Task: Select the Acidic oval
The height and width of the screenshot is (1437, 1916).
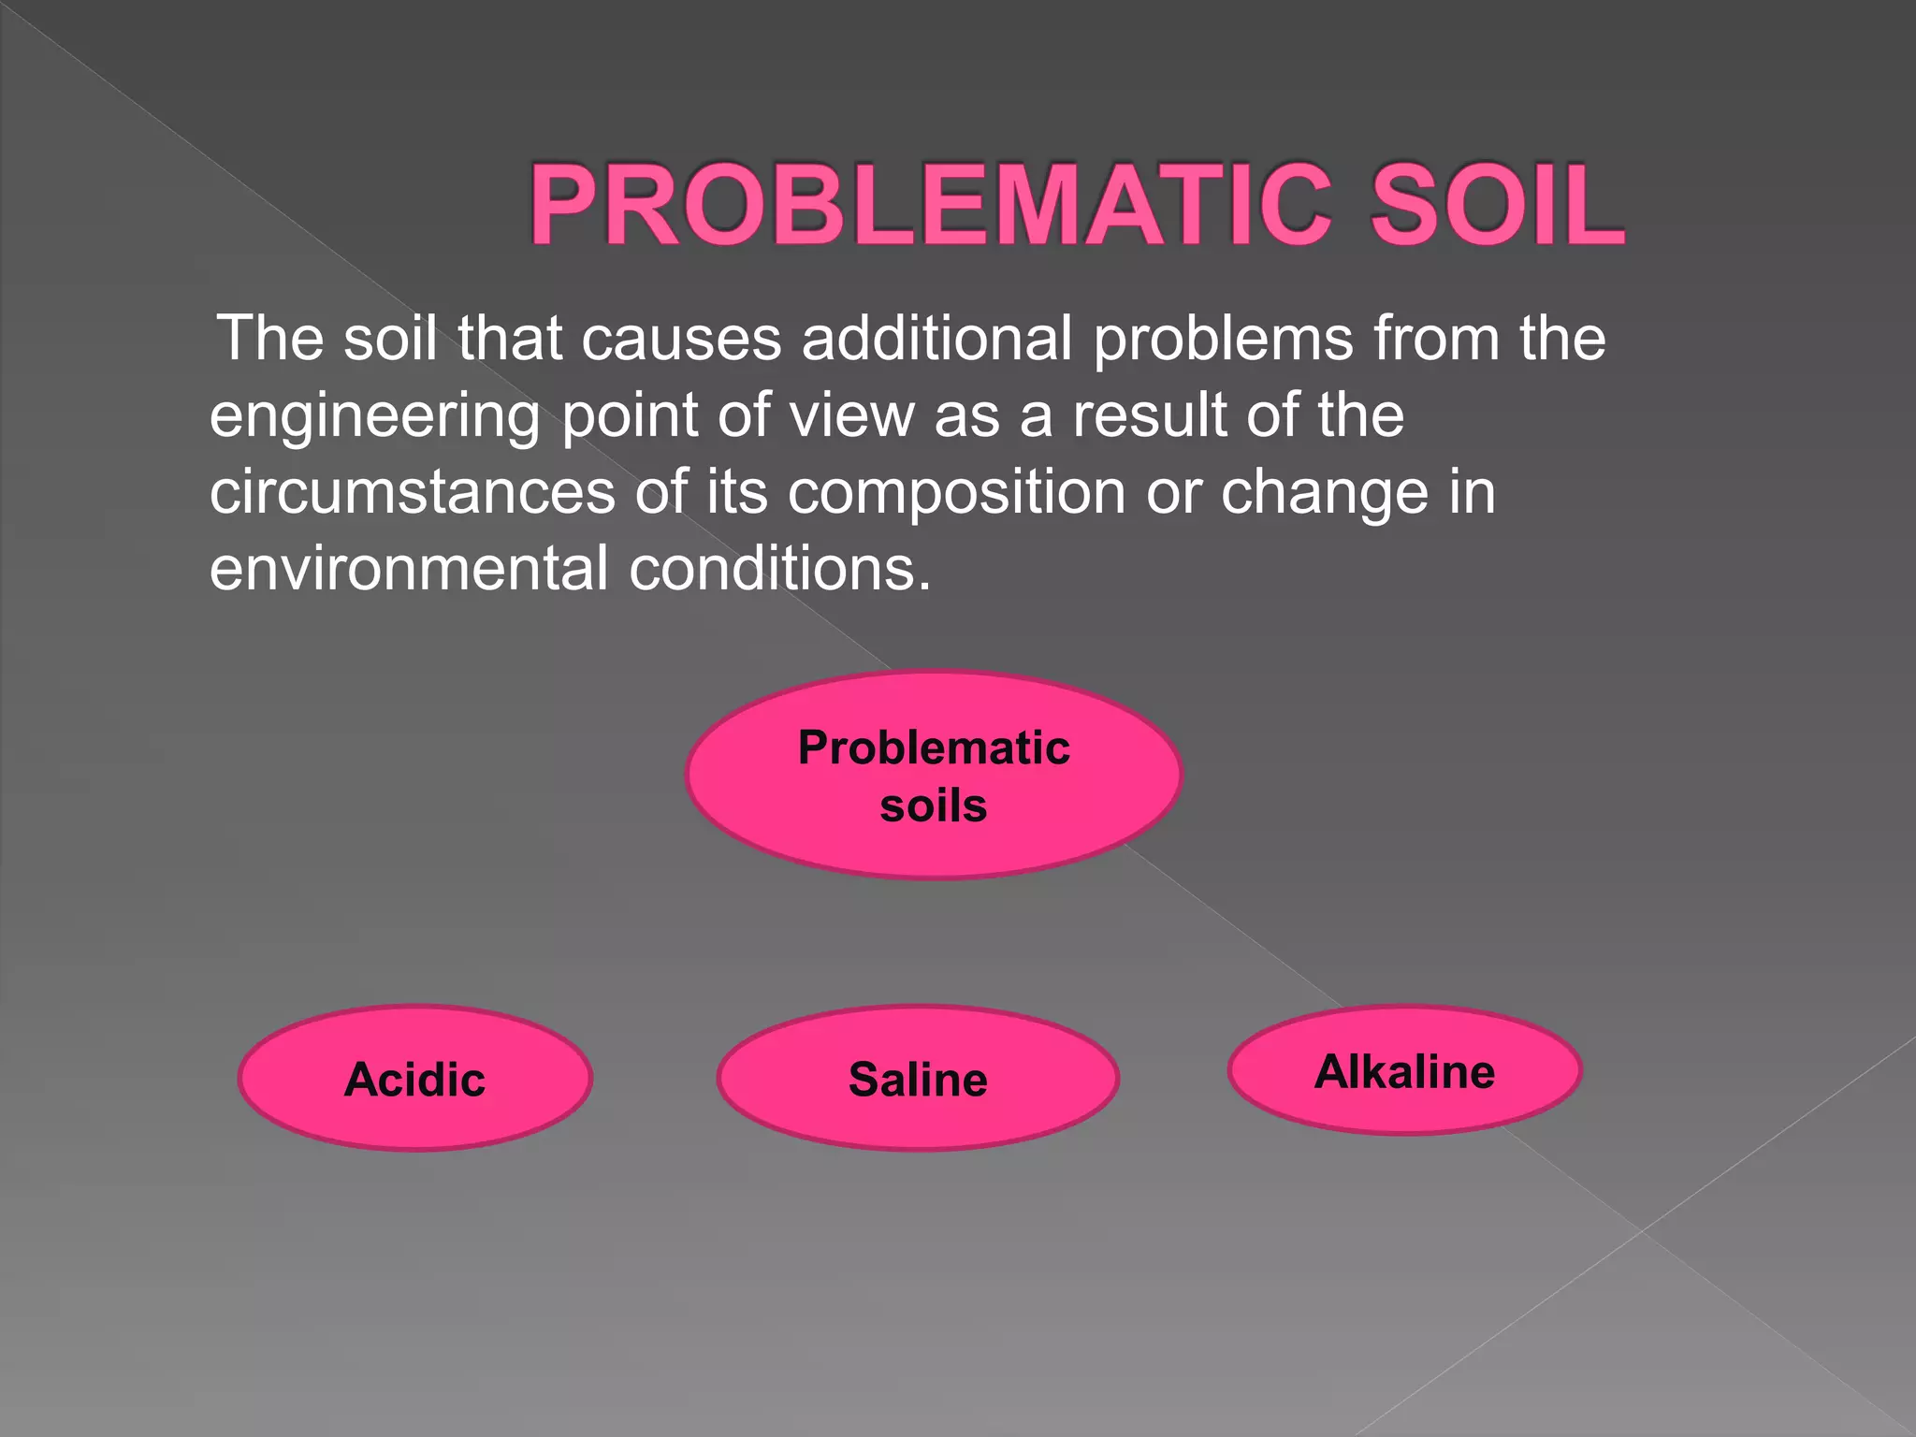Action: coord(415,1079)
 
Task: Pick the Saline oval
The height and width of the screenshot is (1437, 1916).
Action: coord(918,1079)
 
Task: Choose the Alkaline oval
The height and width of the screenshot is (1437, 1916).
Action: coord(1404,1071)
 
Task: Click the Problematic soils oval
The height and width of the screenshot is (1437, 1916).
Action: coord(934,775)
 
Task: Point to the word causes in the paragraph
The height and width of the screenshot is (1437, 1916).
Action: coord(681,339)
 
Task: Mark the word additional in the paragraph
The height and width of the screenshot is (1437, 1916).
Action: coord(936,339)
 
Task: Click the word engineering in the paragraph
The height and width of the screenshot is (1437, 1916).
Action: coord(374,417)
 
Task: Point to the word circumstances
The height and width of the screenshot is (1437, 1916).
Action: coord(413,493)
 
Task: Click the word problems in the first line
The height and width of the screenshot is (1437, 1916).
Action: coord(1223,341)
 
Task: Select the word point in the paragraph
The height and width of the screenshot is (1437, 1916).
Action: coord(630,417)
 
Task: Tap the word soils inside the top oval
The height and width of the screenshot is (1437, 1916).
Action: coord(934,806)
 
